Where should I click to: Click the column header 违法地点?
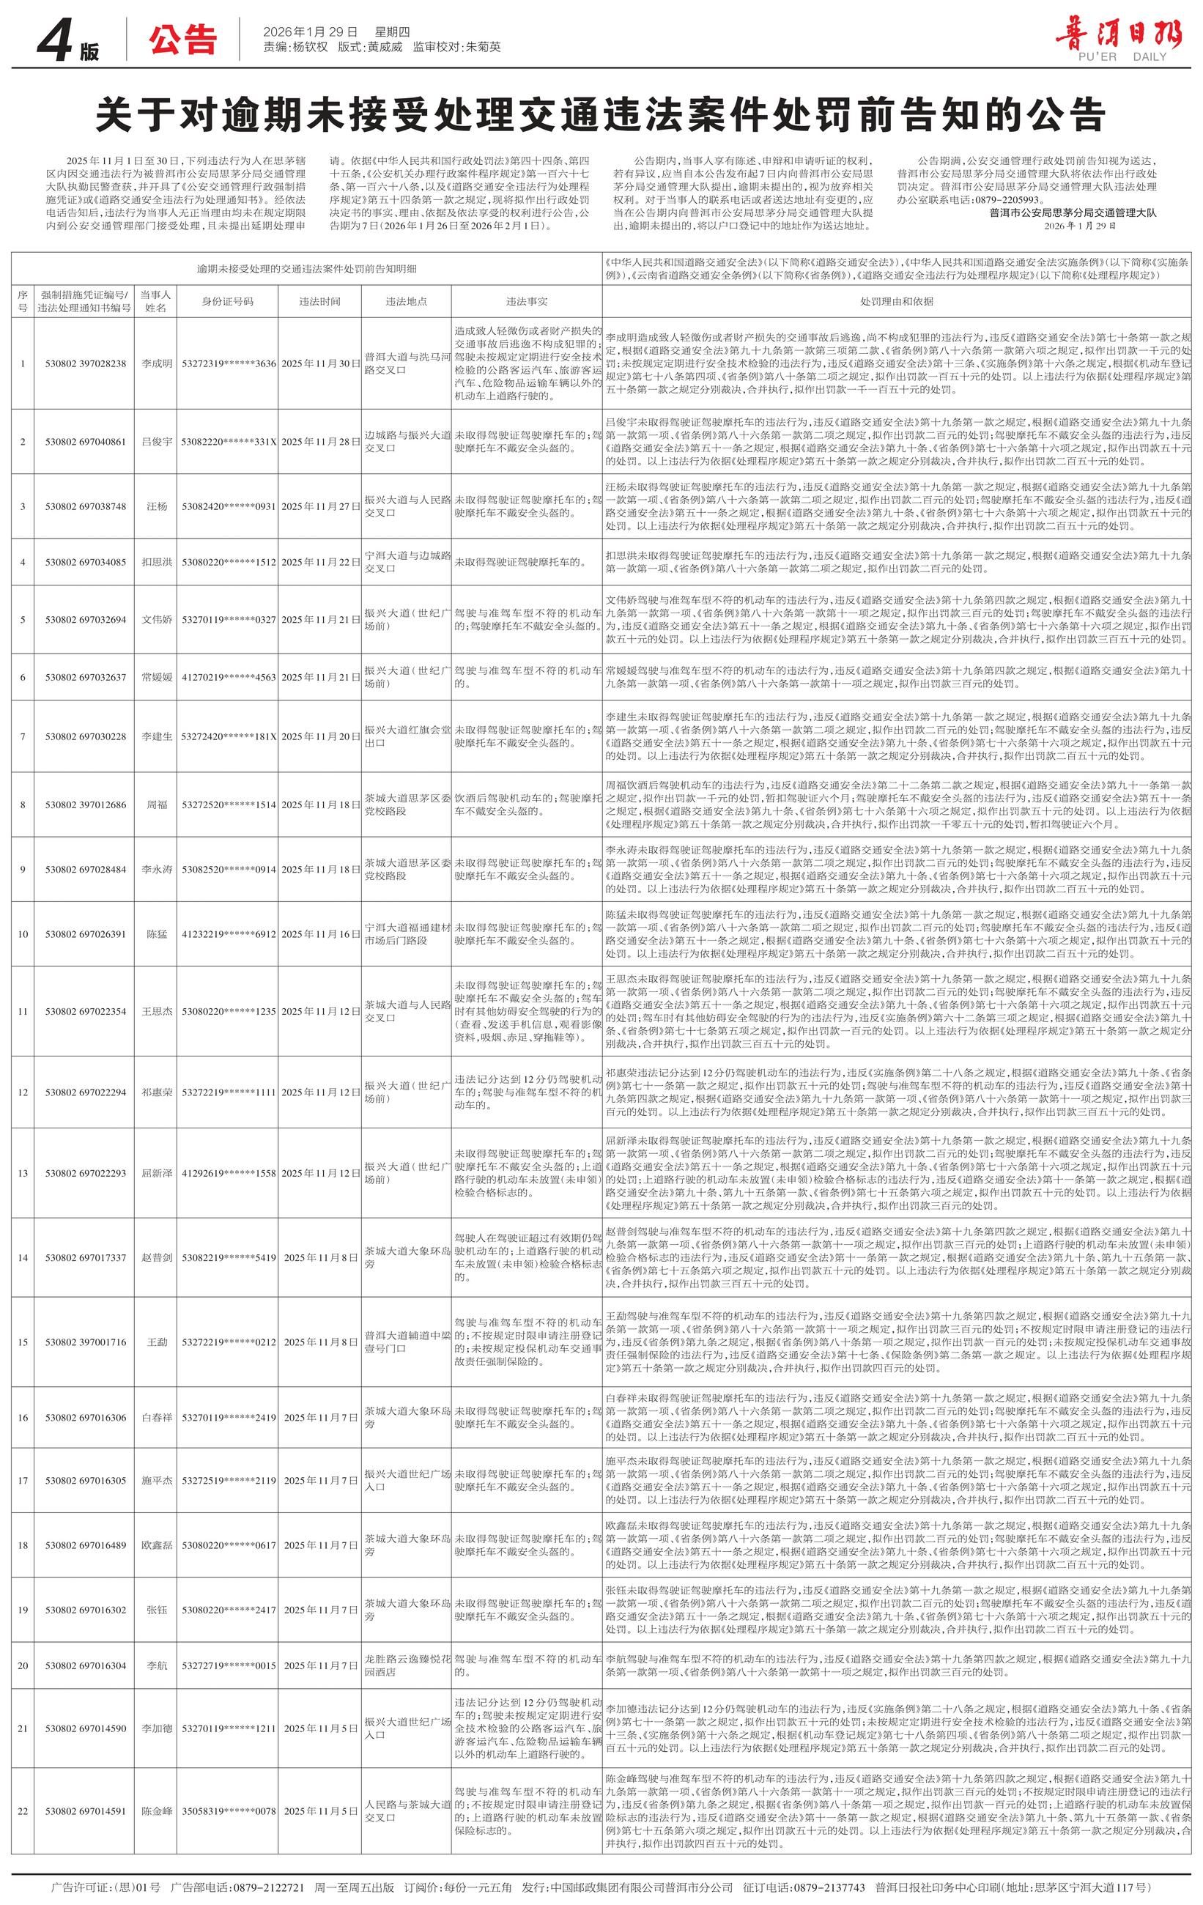pyautogui.click(x=407, y=301)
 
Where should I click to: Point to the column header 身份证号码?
pyautogui.click(x=228, y=301)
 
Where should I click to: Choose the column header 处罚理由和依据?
pyautogui.click(x=896, y=301)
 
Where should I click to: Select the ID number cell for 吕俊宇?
pyautogui.click(x=229, y=441)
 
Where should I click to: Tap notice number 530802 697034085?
pyautogui.click(x=85, y=563)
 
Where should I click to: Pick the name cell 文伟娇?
pyautogui.click(x=156, y=619)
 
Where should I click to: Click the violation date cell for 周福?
pyautogui.click(x=320, y=804)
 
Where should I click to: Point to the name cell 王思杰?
pyautogui.click(x=156, y=1011)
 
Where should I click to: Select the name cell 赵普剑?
pyautogui.click(x=156, y=1258)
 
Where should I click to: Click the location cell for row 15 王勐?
pyautogui.click(x=407, y=1342)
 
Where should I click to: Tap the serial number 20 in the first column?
pyautogui.click(x=22, y=1665)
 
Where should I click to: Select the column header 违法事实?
pyautogui.click(x=526, y=301)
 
